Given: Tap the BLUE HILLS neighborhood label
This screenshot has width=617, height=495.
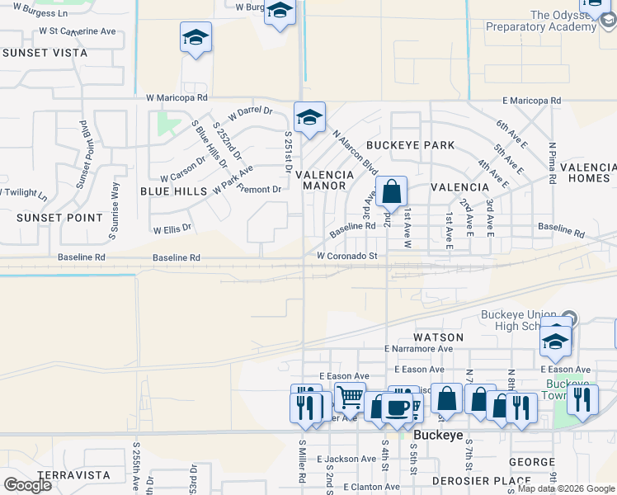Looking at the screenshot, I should tap(173, 191).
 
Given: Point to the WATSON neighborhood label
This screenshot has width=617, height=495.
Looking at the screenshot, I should tap(438, 337).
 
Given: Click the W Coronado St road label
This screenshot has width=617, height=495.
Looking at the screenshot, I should tap(346, 257).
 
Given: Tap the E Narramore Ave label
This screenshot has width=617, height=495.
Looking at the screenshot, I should tap(418, 349).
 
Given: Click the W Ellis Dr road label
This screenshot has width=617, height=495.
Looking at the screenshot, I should tap(172, 229).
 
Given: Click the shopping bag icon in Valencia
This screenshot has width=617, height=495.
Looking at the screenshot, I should tap(392, 192).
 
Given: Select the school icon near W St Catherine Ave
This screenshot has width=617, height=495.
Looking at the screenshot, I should tap(196, 38).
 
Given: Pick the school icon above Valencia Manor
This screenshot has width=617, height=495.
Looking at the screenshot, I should tap(309, 118).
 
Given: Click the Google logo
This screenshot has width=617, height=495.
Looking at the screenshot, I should tap(27, 485).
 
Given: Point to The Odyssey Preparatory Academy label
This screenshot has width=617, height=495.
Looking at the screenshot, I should tap(552, 21).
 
